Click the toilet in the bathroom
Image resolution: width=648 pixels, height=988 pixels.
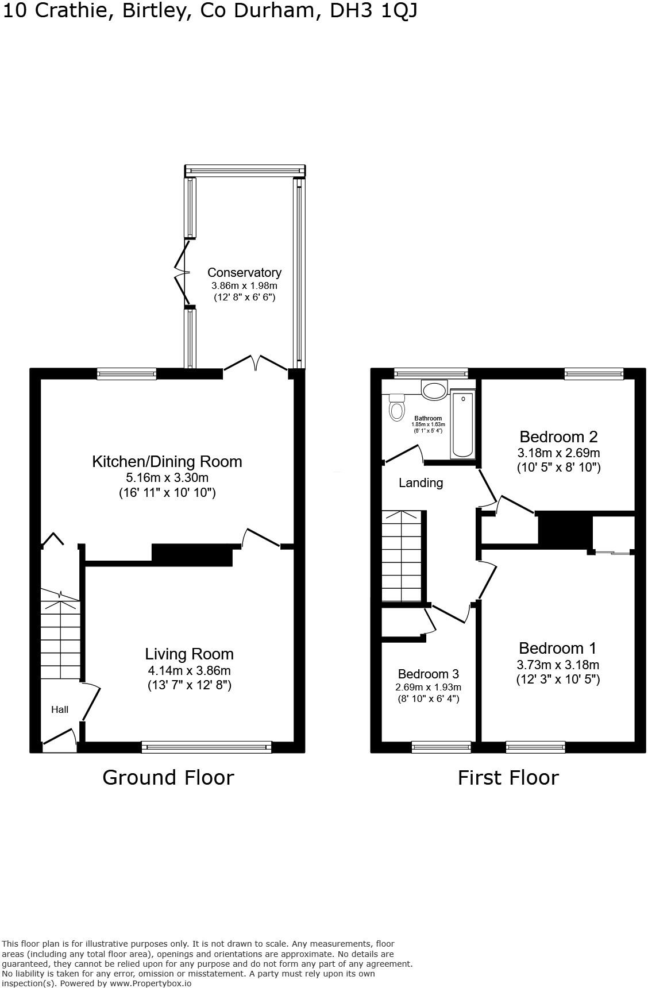pyautogui.click(x=396, y=408)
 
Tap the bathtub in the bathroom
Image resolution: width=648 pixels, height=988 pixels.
pyautogui.click(x=463, y=424)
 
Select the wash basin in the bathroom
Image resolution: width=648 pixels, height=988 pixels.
pyautogui.click(x=434, y=390)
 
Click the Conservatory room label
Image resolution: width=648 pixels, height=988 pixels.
pyautogui.click(x=244, y=272)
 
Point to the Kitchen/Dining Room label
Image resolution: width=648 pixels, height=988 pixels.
pyautogui.click(x=167, y=461)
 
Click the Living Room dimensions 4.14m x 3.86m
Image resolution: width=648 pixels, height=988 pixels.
pyautogui.click(x=189, y=670)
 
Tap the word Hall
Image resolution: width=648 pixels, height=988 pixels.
pyautogui.click(x=60, y=709)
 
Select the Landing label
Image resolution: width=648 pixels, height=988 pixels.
pyautogui.click(x=421, y=483)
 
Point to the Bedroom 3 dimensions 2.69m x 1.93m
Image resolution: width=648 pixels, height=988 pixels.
pyautogui.click(x=429, y=687)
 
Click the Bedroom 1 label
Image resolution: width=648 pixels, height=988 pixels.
pyautogui.click(x=557, y=648)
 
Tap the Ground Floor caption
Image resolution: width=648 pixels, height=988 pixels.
pyautogui.click(x=168, y=777)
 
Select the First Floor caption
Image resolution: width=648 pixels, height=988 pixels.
pyautogui.click(x=508, y=777)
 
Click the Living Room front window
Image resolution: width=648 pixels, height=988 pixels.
pyautogui.click(x=206, y=747)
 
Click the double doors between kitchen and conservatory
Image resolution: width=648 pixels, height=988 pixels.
pyautogui.click(x=256, y=364)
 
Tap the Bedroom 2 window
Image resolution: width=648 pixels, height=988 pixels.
pyautogui.click(x=594, y=374)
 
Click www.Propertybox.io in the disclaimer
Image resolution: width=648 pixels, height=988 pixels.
pyautogui.click(x=151, y=983)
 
